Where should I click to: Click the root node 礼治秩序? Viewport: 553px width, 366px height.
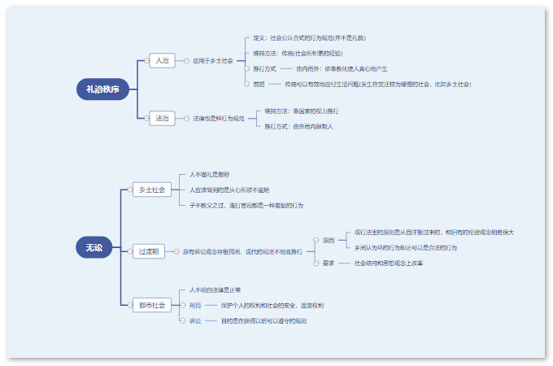click(102, 89)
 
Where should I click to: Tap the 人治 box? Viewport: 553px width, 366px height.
click(163, 60)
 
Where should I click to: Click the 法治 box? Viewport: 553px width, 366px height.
click(163, 118)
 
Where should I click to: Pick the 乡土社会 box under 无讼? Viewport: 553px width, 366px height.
click(151, 190)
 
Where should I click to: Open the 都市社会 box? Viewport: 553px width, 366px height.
click(151, 305)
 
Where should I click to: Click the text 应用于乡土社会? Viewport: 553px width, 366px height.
click(213, 60)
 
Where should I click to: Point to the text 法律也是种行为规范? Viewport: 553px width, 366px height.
click(219, 118)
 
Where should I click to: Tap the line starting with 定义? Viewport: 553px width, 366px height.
click(309, 37)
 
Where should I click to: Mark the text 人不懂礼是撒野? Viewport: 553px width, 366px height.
click(210, 175)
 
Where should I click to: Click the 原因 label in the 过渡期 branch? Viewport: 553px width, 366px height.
click(329, 240)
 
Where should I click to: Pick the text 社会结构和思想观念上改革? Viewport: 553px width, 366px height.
click(389, 263)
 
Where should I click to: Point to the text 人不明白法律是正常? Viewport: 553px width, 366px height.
click(216, 290)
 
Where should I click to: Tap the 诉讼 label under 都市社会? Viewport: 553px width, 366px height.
click(195, 320)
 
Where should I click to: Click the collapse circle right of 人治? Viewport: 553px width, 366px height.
click(179, 60)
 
